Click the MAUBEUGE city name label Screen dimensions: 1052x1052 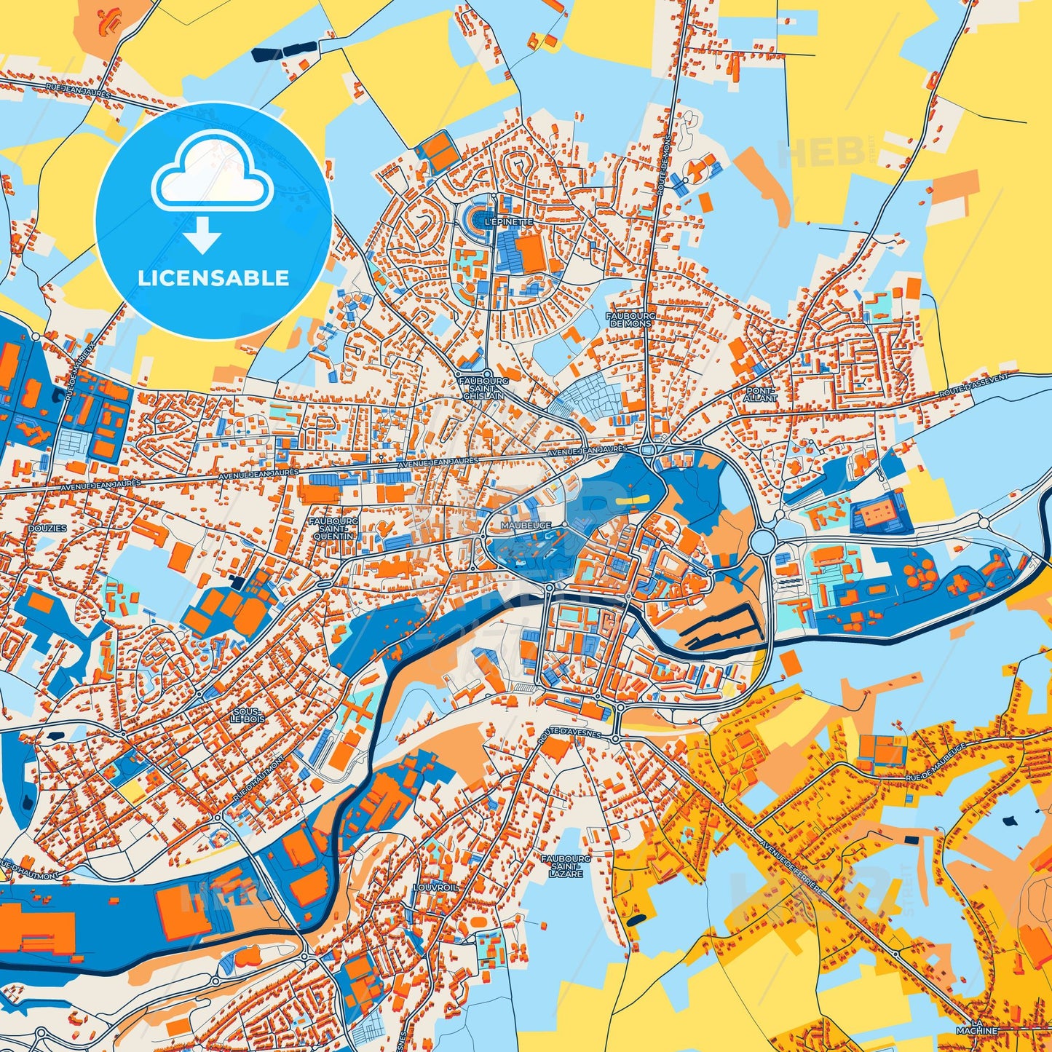[526, 525]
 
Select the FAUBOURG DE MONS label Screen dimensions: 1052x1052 [631, 319]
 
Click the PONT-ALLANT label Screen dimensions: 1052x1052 [761, 394]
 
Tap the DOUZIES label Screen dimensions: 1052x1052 [47, 528]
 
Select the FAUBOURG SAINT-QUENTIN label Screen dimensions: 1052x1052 [333, 529]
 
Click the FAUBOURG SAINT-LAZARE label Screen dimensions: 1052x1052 [566, 866]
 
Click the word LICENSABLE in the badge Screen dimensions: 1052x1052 [213, 278]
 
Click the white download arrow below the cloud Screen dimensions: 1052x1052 [202, 234]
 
